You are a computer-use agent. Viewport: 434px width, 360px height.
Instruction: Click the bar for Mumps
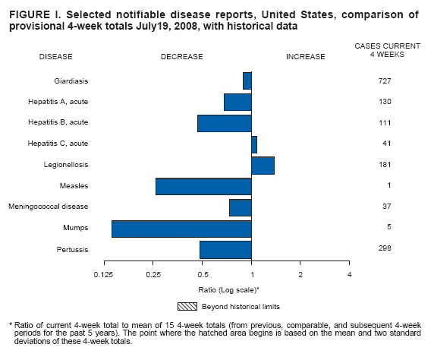click(181, 229)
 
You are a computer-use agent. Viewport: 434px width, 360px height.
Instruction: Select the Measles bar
click(203, 186)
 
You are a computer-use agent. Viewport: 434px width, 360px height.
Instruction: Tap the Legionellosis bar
click(263, 165)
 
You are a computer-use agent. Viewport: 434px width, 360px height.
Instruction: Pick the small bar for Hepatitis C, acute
click(254, 144)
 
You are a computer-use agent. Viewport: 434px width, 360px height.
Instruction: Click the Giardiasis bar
click(247, 81)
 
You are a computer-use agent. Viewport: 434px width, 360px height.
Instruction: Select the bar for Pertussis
click(225, 250)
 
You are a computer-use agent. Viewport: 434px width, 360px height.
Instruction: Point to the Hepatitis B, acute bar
click(225, 123)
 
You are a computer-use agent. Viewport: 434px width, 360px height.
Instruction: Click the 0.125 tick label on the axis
click(104, 273)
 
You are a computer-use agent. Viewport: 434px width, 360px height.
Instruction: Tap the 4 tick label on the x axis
click(349, 273)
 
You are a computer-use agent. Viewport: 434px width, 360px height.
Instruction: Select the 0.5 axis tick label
click(203, 273)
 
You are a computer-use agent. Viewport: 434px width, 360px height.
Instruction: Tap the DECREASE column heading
click(181, 56)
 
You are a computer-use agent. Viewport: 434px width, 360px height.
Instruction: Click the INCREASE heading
click(305, 56)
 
